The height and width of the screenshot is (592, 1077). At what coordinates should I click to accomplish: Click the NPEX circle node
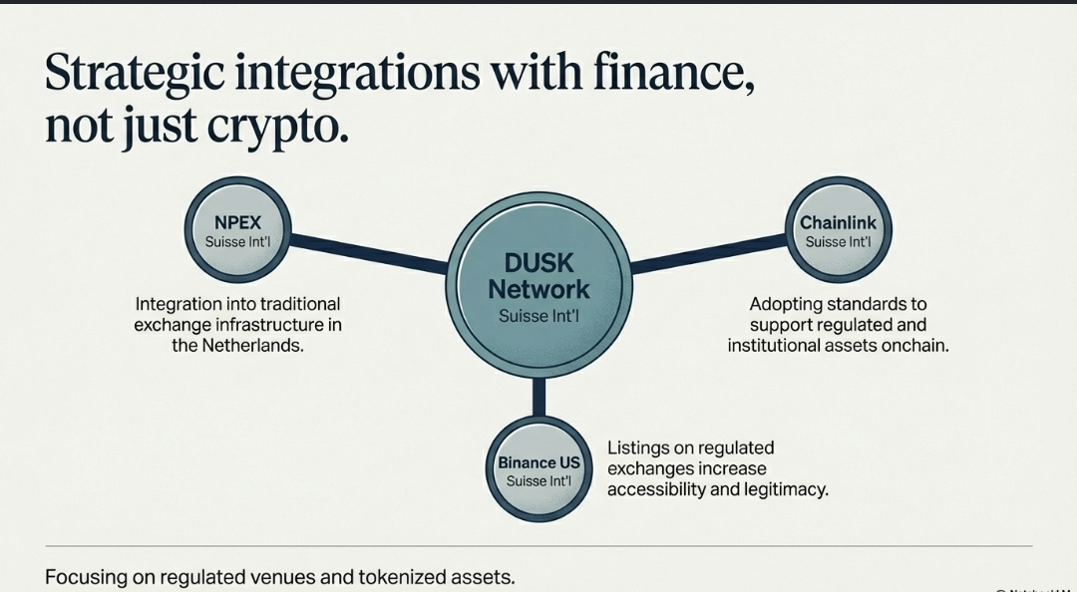[238, 230]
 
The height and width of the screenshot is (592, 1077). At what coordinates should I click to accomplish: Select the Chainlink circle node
[838, 230]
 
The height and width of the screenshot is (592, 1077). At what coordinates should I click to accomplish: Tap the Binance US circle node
[538, 470]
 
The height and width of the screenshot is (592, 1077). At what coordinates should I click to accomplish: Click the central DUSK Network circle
[538, 289]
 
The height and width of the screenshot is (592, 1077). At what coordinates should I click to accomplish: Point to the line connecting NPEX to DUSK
[369, 253]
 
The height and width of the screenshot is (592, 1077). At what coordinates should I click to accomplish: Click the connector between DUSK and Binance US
[538, 397]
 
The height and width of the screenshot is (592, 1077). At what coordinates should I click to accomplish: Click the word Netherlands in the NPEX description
[251, 346]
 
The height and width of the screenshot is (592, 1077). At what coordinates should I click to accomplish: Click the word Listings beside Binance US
[640, 448]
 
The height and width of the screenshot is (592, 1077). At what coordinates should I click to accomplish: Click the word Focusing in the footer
[83, 576]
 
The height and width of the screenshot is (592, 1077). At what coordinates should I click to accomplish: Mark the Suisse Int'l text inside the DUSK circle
[538, 317]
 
